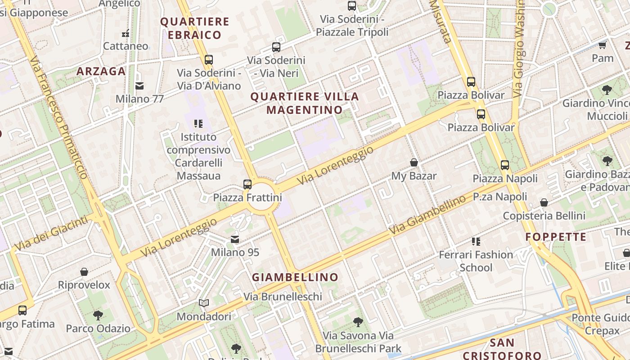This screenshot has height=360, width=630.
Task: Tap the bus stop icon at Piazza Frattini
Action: [247, 184]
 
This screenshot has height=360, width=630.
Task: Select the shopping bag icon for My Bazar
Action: [414, 162]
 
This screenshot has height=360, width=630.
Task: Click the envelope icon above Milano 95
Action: [235, 239]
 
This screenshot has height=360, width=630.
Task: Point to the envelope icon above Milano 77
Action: [139, 85]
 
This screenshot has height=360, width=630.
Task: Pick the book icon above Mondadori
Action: [204, 303]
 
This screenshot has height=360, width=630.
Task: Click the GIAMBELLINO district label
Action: [295, 277]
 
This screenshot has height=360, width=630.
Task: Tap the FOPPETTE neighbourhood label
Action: [556, 237]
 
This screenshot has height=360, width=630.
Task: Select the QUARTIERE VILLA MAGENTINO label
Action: [305, 103]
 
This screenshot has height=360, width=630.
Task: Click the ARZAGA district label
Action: [101, 71]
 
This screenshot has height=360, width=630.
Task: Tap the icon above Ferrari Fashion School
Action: [476, 242]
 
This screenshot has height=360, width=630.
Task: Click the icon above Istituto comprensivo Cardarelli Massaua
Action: [198, 123]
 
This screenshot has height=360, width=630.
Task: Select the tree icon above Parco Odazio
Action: [98, 315]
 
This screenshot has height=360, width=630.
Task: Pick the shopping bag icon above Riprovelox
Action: [84, 272]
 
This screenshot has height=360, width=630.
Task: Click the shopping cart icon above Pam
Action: [603, 45]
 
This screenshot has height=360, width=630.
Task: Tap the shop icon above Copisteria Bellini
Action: [544, 202]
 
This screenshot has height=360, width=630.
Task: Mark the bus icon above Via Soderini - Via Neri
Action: [276, 47]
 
